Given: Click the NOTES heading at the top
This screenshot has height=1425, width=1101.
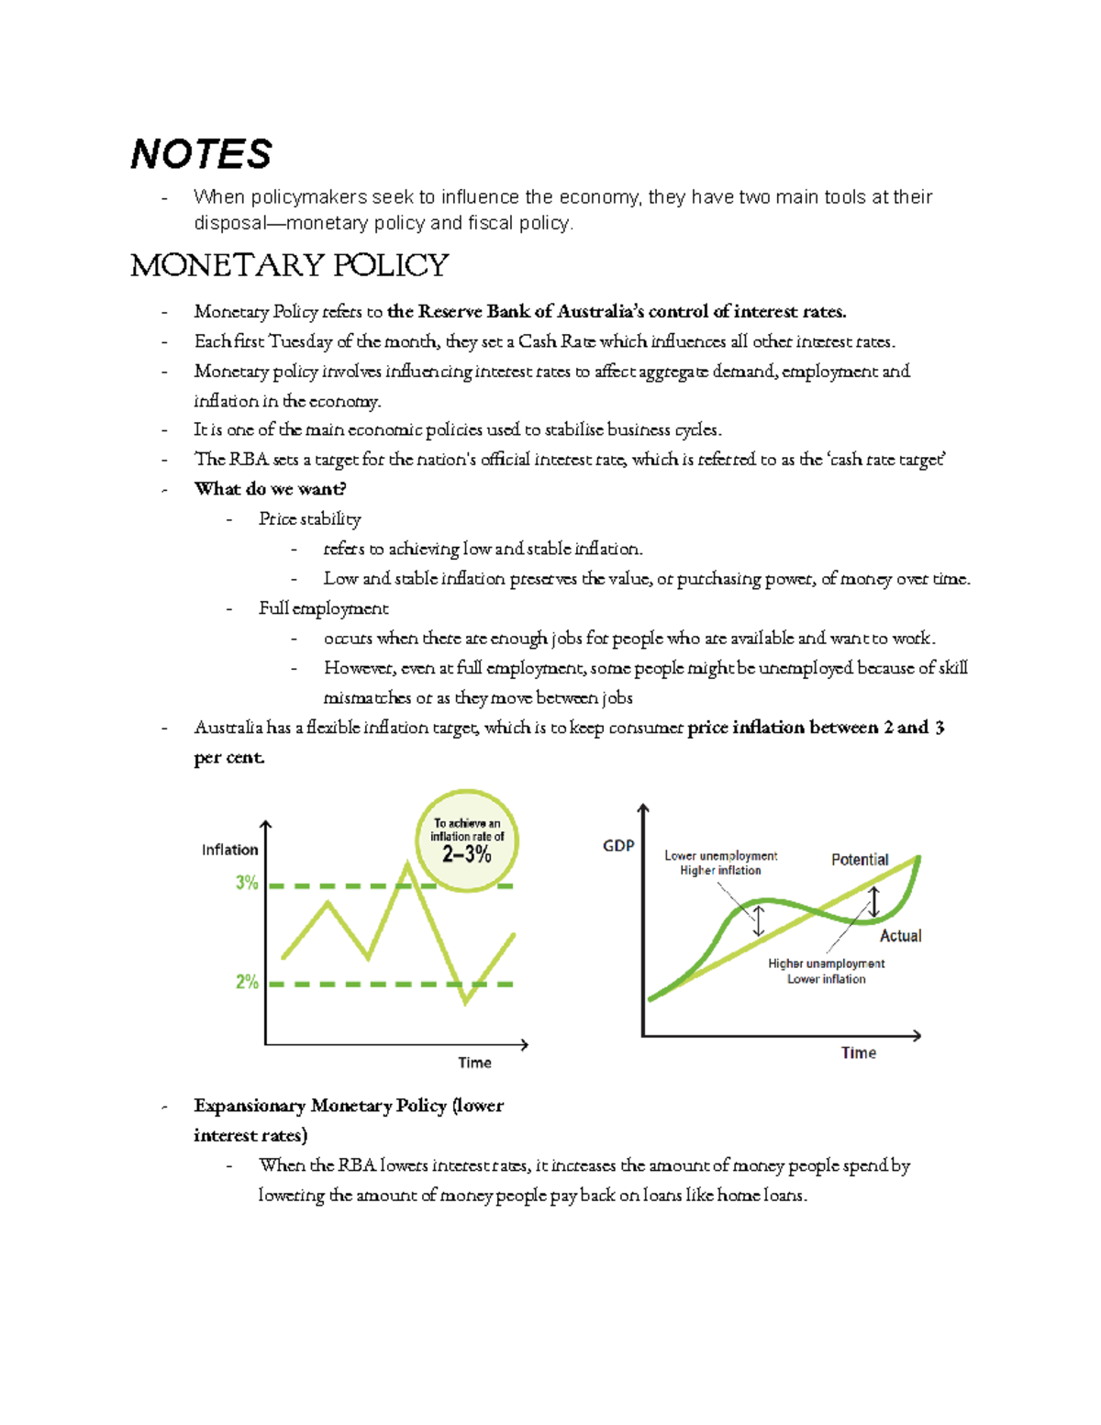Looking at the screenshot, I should point(201,154).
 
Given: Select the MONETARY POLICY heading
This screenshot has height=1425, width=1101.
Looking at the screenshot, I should point(289,266).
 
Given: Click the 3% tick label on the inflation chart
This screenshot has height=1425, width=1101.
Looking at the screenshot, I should point(247,883).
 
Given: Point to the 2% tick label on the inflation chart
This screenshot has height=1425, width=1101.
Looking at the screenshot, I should point(247,982).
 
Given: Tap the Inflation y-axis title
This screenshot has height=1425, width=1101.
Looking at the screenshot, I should point(229,850).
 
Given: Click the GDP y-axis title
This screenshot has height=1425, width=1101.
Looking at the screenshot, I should point(618,845).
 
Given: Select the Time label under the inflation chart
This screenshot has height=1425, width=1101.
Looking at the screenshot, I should point(474,1063).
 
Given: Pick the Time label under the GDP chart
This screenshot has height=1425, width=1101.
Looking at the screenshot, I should point(858,1052).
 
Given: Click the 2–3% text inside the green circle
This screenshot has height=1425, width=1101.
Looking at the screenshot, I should point(467,855).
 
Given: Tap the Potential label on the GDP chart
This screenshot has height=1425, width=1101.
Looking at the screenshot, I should point(860,860).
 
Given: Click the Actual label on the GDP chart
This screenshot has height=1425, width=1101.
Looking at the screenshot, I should point(900,936).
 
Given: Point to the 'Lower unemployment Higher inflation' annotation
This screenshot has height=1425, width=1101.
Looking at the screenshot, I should point(720,863).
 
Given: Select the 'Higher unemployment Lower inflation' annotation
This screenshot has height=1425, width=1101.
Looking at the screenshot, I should point(826,971).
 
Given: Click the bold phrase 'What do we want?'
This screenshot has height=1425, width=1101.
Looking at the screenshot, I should point(270,489).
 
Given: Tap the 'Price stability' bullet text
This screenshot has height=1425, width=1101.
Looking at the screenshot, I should point(309,519).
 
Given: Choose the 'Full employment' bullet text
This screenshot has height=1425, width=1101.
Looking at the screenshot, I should point(323,608).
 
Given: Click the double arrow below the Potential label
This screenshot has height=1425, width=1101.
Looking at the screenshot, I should point(873,901).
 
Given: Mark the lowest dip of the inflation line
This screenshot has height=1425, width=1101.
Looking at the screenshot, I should point(466,1003).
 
